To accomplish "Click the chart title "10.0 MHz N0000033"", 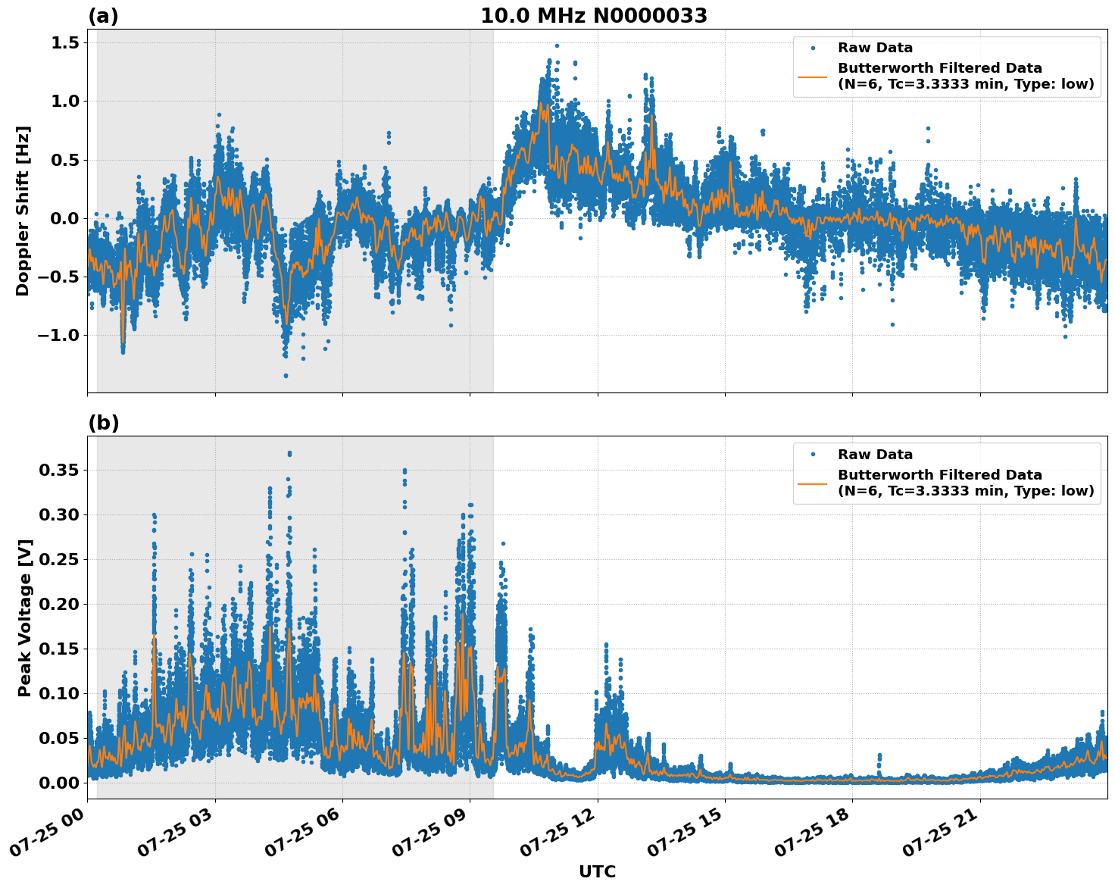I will (x=594, y=16).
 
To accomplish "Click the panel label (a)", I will (x=103, y=16).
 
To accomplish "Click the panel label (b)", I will (x=103, y=423).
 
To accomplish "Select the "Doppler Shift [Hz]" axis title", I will (x=23, y=211).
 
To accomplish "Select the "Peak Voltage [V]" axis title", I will (x=25, y=618).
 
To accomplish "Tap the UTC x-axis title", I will (x=597, y=871).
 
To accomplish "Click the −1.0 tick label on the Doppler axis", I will (x=58, y=335).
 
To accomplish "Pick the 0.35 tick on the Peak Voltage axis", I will (x=58, y=471).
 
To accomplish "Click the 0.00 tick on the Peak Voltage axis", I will (x=58, y=783).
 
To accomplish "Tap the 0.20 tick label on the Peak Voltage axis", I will (x=58, y=604).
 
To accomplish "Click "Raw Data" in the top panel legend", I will (x=875, y=48).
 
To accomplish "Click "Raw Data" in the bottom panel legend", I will (x=875, y=455).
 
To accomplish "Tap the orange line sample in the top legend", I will (x=812, y=77).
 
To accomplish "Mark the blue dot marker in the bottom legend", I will (x=812, y=455).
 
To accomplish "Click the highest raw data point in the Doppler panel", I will (x=557, y=45).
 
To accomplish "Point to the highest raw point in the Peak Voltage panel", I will (x=289, y=453).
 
